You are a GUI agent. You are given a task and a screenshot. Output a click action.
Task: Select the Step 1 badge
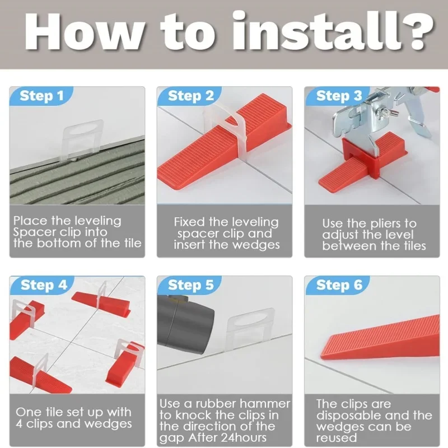(x=41, y=96)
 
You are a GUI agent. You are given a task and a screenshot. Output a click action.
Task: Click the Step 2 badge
(x=190, y=96)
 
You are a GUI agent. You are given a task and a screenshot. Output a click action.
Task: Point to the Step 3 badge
(x=338, y=96)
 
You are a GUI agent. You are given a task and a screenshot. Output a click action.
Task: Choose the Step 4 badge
(x=43, y=285)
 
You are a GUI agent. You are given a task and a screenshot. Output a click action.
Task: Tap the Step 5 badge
(x=190, y=285)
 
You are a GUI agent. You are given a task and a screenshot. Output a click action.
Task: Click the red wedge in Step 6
(x=380, y=338)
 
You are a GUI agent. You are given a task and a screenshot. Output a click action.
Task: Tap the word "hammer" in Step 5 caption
(x=264, y=404)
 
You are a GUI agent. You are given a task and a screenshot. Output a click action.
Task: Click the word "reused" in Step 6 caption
(x=337, y=438)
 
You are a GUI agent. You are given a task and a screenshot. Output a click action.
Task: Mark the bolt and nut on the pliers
(x=385, y=111)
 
